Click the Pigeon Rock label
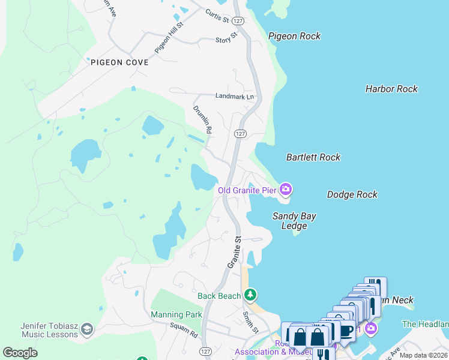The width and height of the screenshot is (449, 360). point(294,36)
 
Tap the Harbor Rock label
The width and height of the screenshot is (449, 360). point(391,89)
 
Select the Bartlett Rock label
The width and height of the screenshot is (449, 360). point(313,157)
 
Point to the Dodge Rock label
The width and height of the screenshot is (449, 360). point(352,194)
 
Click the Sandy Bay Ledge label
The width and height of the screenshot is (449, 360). point(294,221)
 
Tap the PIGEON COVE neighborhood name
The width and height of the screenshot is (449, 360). point(119,62)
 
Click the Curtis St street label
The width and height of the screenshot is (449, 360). point(217,14)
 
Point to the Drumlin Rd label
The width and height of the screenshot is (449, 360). point(202,119)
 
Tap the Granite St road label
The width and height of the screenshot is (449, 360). point(234,252)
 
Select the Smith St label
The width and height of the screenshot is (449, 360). point(250,322)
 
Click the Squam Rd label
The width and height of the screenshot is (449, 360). point(184,329)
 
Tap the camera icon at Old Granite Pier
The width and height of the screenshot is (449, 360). point(286,190)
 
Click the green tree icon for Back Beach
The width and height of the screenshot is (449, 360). point(250,295)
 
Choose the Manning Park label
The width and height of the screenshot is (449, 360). point(176,314)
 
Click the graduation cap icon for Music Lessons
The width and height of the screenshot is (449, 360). point(88,329)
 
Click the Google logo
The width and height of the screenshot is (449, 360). point(20,353)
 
